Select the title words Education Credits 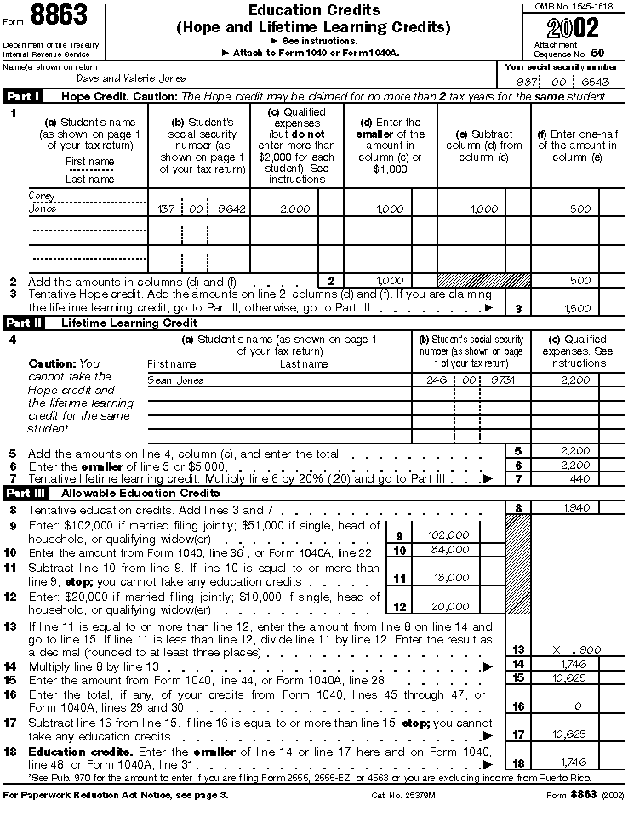point(314,10)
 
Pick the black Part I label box point(25,96)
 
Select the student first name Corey point(42,196)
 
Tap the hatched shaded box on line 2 point(471,280)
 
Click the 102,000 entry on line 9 point(448,535)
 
